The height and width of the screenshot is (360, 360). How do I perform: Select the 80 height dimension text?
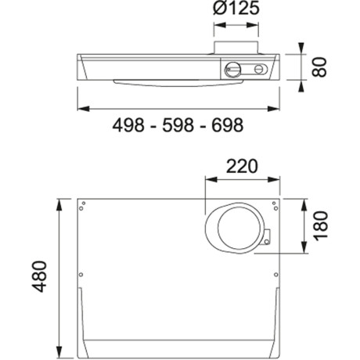pyautogui.click(x=319, y=67)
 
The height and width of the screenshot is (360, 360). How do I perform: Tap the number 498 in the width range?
pyautogui.click(x=131, y=125)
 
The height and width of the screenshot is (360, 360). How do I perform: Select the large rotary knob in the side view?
pyautogui.click(x=233, y=69)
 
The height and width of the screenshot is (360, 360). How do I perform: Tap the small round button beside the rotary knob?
pyautogui.click(x=256, y=69)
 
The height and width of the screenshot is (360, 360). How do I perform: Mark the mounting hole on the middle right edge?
pyautogui.click(x=275, y=274)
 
